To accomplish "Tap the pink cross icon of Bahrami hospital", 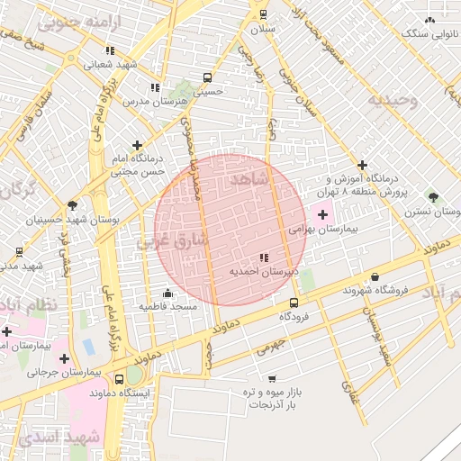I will pyautogui.click(x=323, y=214).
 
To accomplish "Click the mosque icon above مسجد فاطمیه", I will pyautogui.click(x=167, y=293).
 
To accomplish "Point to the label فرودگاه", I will pyautogui.click(x=294, y=317).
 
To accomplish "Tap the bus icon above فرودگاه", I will pyautogui.click(x=294, y=303).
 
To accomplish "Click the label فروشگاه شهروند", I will pyautogui.click(x=375, y=291).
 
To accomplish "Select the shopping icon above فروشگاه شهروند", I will pyautogui.click(x=375, y=277).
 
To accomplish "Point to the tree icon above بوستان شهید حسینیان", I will pyautogui.click(x=72, y=205).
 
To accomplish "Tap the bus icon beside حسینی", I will pyautogui.click(x=208, y=77).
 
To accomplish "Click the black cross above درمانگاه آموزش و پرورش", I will pyautogui.click(x=362, y=165).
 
